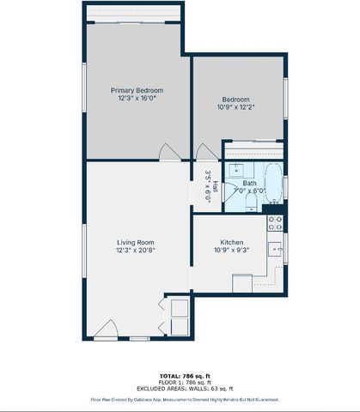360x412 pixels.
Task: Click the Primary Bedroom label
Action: (137, 90)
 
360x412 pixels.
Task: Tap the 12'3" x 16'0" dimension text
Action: (137, 99)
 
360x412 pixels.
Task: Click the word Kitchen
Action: (234, 242)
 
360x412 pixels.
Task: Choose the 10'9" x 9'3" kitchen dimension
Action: (234, 251)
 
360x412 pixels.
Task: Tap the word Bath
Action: (248, 183)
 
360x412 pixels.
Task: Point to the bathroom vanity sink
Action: (233, 170)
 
